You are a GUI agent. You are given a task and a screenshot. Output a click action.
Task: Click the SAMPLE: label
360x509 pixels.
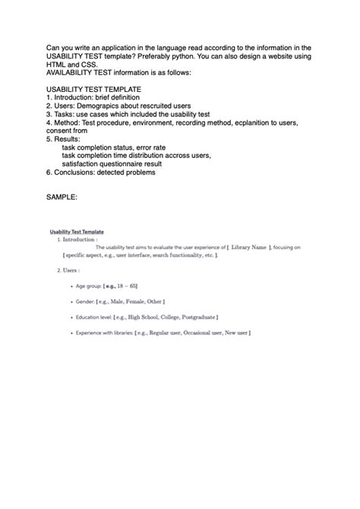click(62, 198)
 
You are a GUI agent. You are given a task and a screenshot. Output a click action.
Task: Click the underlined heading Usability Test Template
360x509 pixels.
click(77, 232)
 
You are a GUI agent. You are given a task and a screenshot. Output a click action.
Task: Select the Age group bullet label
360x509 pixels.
click(90, 286)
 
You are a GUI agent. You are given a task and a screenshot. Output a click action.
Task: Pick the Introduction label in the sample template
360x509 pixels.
click(79, 239)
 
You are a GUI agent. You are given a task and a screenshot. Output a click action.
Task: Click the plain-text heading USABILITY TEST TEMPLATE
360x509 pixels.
click(93, 89)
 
